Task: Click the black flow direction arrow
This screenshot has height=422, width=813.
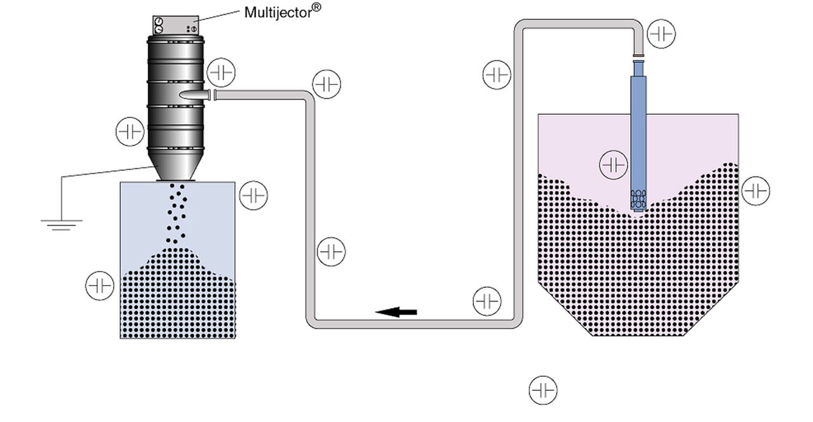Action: click(396, 312)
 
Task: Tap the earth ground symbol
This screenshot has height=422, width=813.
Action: click(61, 223)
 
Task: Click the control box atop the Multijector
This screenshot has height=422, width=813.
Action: click(175, 25)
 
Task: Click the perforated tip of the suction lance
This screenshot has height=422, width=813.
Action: click(638, 200)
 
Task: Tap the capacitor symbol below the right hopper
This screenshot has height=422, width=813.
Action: click(543, 390)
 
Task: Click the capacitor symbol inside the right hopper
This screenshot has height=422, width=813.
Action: click(614, 165)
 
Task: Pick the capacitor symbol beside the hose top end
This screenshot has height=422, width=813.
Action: click(661, 34)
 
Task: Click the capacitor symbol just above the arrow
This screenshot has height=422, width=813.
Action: click(487, 301)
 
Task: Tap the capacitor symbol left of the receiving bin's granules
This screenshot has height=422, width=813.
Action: click(100, 286)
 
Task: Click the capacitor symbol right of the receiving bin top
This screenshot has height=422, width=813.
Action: click(253, 195)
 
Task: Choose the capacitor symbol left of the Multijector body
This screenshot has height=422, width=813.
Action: click(130, 132)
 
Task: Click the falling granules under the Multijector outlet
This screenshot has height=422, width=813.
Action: click(177, 213)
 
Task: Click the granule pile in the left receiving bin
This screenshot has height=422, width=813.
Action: click(178, 298)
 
